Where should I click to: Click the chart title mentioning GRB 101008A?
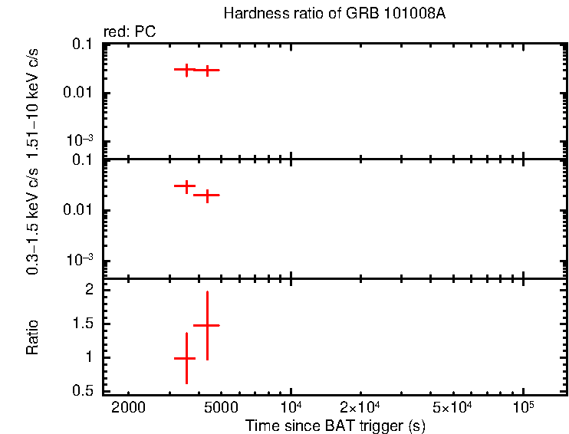pos(334,14)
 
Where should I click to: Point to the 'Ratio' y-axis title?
pos(33,337)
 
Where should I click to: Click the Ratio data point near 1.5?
pos(206,325)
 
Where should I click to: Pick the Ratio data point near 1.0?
pos(186,358)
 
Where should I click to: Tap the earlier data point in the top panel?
pos(186,69)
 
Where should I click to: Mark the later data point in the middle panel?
pos(206,195)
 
